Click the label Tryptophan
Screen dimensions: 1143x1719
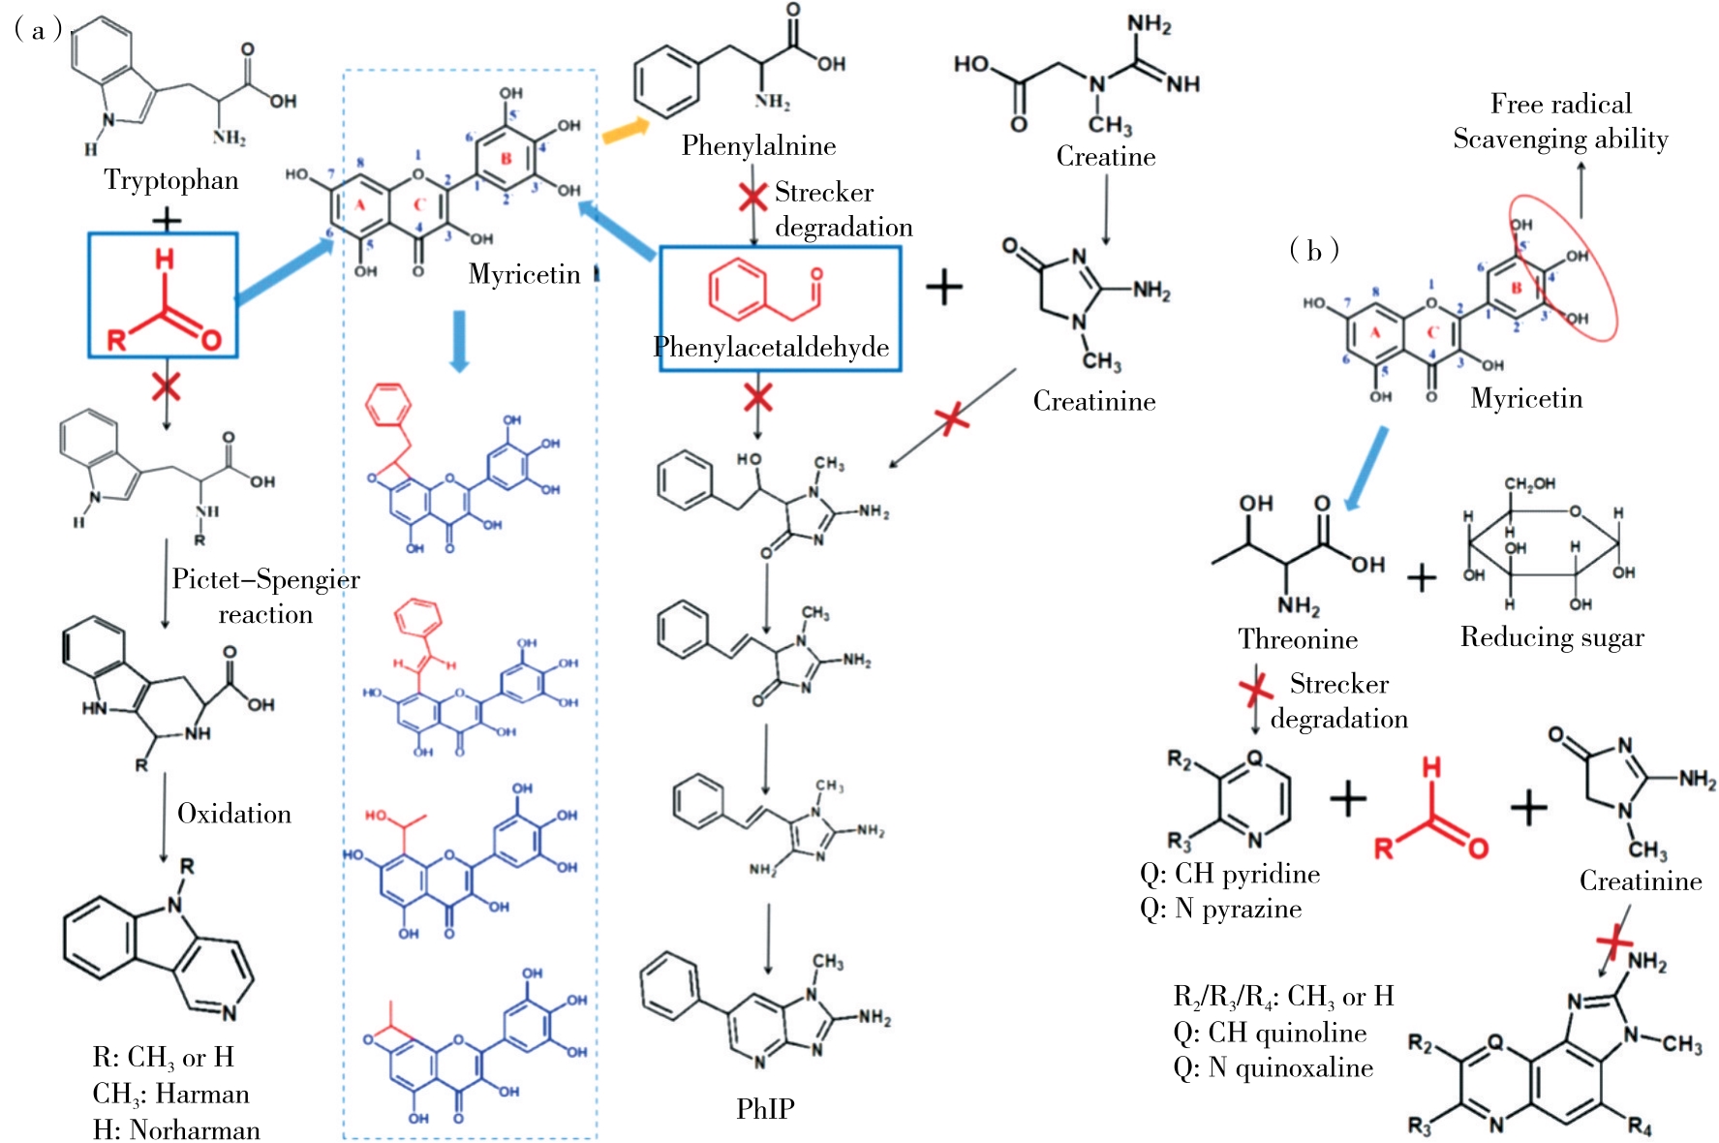click(171, 180)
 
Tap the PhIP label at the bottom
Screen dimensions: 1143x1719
click(765, 1108)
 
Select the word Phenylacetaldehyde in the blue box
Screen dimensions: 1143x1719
click(771, 347)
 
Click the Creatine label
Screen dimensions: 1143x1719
click(1105, 157)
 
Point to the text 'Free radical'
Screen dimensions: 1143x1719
click(1560, 104)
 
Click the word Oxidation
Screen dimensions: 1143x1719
click(234, 814)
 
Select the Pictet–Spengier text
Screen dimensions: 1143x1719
click(265, 579)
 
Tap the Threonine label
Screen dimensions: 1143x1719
click(1298, 639)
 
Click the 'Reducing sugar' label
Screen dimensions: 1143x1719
click(1551, 637)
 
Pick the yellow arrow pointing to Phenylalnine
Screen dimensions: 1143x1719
click(626, 130)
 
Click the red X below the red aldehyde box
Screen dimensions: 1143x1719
click(166, 386)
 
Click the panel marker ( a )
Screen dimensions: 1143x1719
click(39, 30)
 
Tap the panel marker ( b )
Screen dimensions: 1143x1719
click(1313, 251)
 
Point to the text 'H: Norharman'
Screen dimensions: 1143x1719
click(176, 1129)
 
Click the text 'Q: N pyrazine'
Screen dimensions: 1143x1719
click(1220, 909)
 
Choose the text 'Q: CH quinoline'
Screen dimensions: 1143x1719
click(1270, 1033)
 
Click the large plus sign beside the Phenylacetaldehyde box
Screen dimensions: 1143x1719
click(943, 287)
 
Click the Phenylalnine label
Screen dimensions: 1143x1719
click(758, 146)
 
